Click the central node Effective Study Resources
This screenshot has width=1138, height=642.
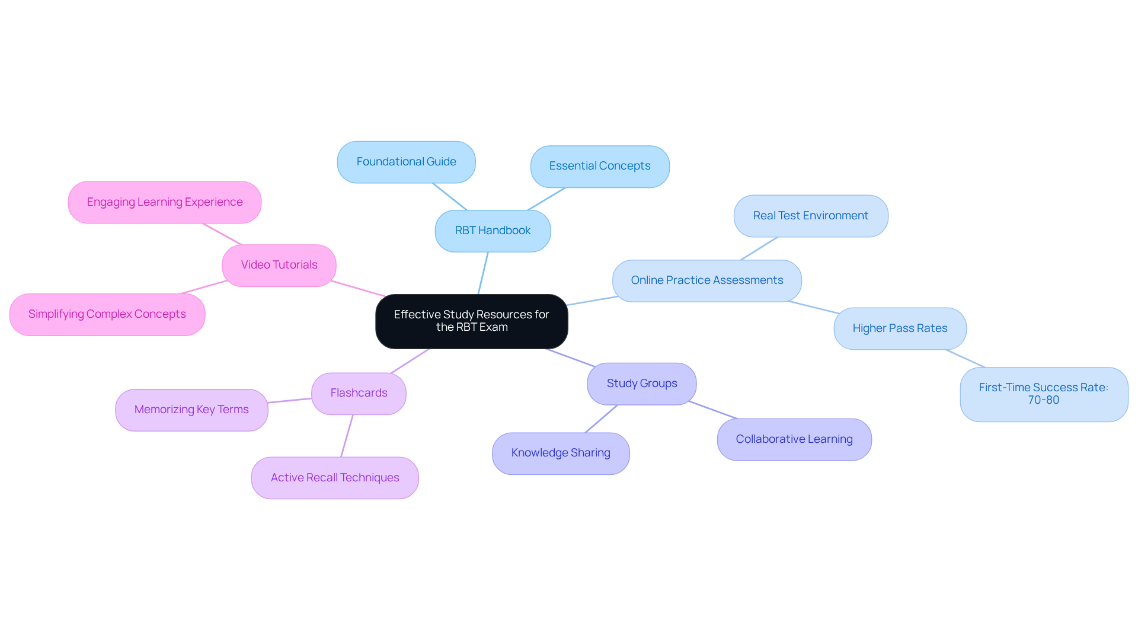[471, 321]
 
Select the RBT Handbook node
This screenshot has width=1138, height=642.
[493, 231]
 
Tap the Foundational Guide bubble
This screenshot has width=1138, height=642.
[406, 162]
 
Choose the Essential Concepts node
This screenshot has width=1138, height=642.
[600, 167]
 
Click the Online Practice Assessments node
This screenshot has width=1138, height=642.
[707, 280]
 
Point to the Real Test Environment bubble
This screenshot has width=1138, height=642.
[810, 216]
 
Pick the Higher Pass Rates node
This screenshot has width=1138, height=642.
[900, 328]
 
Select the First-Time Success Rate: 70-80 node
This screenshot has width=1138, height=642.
[1043, 394]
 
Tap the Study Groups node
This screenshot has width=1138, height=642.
[641, 384]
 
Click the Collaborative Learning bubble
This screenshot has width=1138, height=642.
[794, 439]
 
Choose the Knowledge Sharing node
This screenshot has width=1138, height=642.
[560, 453]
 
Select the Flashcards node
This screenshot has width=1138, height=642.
[359, 393]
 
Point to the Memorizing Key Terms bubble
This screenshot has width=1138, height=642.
[191, 410]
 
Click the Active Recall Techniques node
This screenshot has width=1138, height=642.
[335, 478]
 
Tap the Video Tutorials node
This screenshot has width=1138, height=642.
[279, 265]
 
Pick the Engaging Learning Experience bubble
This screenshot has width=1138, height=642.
[165, 202]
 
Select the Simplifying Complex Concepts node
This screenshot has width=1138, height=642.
[107, 314]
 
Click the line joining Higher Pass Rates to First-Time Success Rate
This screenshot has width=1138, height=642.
[965, 358]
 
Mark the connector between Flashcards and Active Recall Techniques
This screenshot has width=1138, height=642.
[347, 436]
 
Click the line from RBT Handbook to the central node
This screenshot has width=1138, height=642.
[483, 273]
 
